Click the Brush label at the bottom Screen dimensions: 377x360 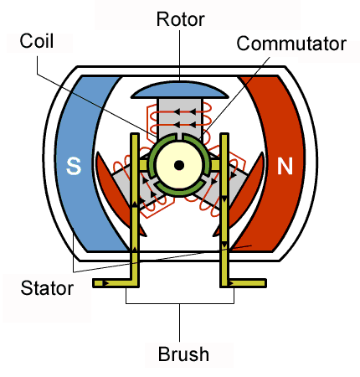pyautogui.click(x=182, y=354)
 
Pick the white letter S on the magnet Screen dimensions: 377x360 pyautogui.click(x=74, y=167)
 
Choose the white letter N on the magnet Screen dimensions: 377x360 pyautogui.click(x=285, y=167)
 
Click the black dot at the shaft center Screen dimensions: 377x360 pyautogui.click(x=178, y=166)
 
